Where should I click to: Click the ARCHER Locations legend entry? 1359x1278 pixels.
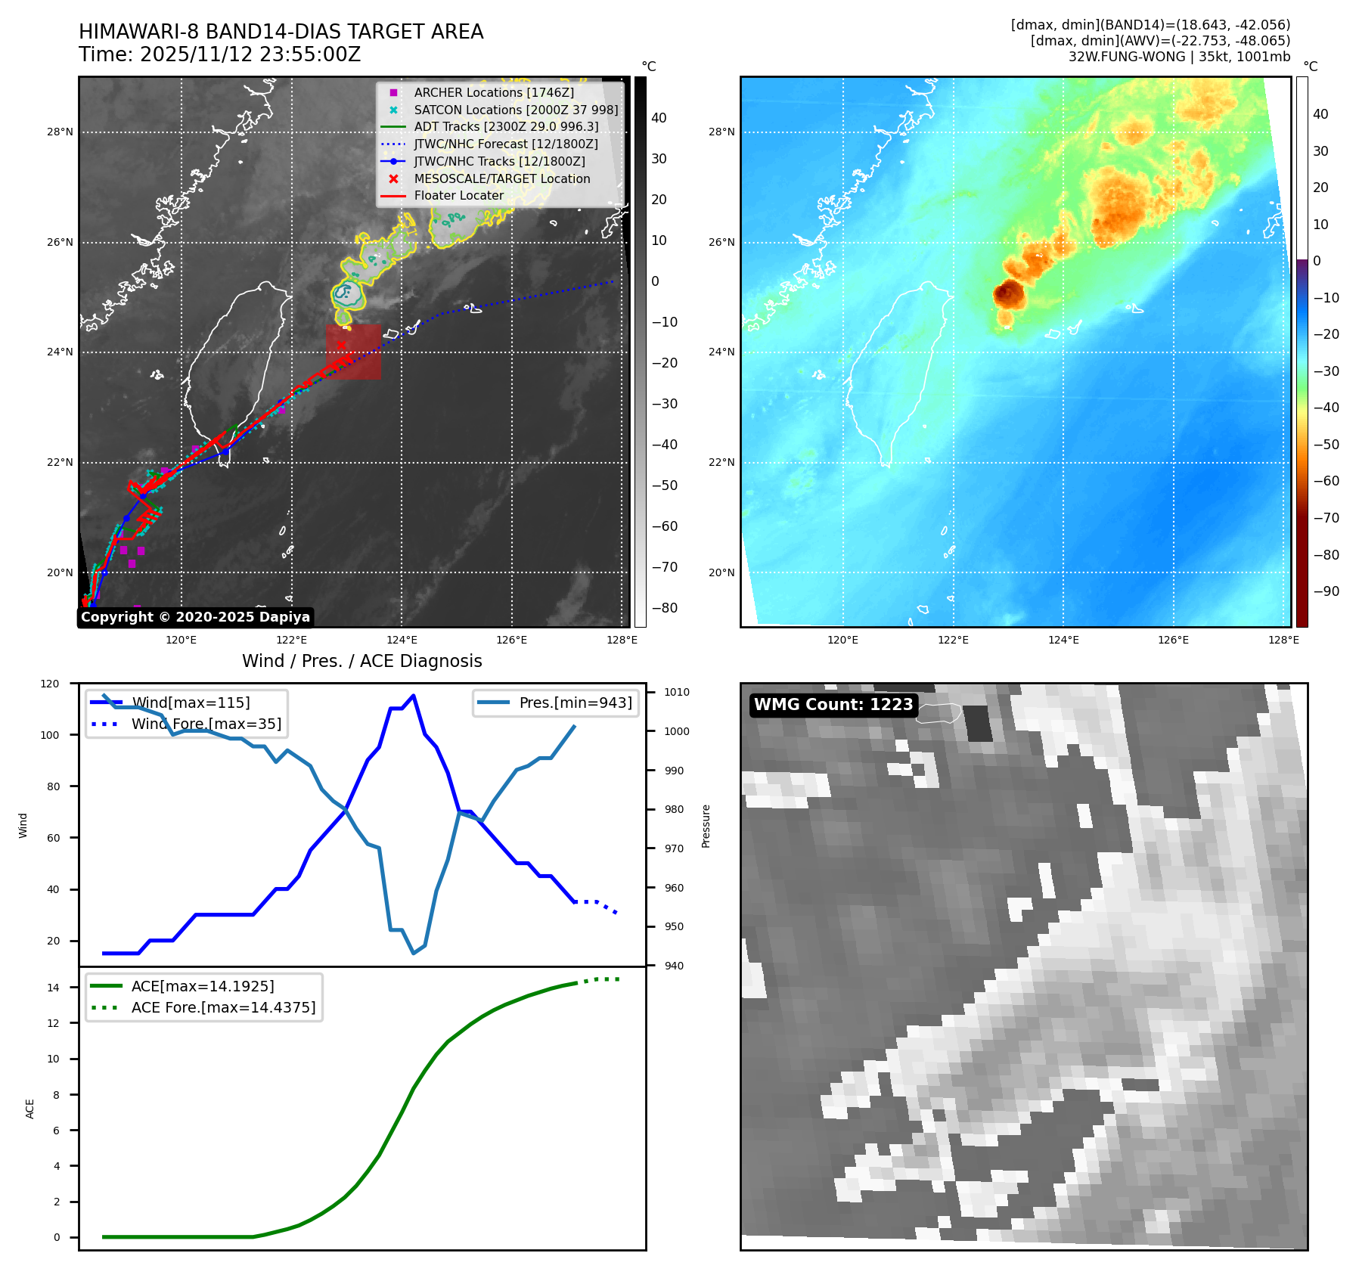click(493, 92)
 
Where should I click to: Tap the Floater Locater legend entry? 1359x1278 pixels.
click(458, 195)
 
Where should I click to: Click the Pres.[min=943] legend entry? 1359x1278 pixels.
click(575, 703)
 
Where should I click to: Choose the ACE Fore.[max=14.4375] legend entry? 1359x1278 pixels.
click(223, 1007)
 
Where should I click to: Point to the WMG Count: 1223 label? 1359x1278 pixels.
click(833, 705)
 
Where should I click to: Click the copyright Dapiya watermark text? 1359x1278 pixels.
click(195, 617)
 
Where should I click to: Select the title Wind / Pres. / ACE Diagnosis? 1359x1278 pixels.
click(361, 661)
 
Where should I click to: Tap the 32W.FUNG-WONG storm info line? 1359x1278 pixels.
click(1179, 57)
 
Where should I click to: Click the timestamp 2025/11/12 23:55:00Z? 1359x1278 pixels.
click(250, 54)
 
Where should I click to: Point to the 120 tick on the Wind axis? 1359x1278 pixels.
click(50, 684)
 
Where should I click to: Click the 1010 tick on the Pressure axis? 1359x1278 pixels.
click(677, 692)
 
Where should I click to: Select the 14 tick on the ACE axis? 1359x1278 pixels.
click(53, 987)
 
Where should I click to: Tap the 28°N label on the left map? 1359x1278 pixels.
click(60, 132)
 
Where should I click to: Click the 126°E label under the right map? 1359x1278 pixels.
click(1173, 640)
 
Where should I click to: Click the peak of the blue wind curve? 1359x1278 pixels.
click(413, 695)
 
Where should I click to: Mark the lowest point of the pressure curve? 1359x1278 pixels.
click(414, 953)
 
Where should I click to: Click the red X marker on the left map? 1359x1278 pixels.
click(341, 345)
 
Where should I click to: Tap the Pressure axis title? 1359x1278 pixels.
click(706, 826)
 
